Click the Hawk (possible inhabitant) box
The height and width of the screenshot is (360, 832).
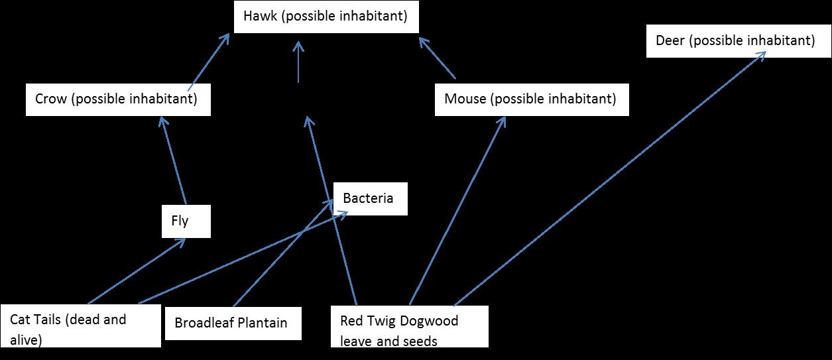(326, 17)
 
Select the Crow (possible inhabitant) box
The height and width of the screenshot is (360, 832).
(118, 99)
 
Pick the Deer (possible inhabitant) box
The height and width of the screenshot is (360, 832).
(735, 41)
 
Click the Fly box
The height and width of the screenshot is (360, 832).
(186, 221)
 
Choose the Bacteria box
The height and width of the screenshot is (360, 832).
(369, 198)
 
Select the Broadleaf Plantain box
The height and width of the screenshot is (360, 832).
(232, 323)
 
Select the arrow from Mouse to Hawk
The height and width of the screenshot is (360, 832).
(438, 58)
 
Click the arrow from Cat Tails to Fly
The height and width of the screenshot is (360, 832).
(136, 271)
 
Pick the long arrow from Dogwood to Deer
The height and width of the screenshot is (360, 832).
(610, 178)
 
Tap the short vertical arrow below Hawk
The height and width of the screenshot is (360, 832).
(298, 63)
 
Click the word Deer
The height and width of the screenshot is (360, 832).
(670, 41)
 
